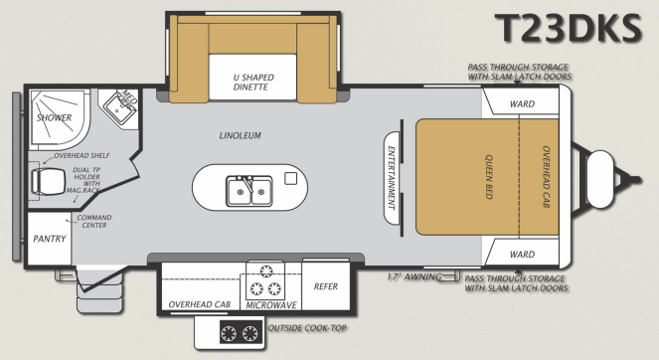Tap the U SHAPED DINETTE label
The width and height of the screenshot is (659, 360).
coord(253,83)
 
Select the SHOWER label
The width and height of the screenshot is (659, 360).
coord(54,117)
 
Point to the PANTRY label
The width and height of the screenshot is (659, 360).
coord(49,240)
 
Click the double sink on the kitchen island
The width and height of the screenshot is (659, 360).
coord(247,188)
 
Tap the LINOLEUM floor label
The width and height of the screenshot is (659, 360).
coord(240,136)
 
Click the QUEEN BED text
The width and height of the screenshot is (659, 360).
coord(490,177)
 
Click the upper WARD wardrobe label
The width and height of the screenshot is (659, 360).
coord(522,104)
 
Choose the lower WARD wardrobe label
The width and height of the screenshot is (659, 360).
coord(522,255)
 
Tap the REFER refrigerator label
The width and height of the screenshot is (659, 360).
coord(326,286)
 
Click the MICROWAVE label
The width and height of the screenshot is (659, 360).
coord(266,305)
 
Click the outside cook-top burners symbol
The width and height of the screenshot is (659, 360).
coord(239,334)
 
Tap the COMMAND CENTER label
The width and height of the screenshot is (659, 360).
coord(94,222)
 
